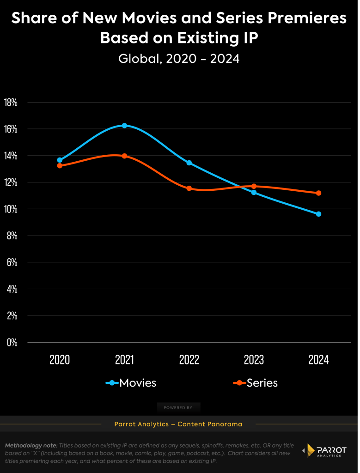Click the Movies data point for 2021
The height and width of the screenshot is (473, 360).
pyautogui.click(x=124, y=126)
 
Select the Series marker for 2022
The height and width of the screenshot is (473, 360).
pyautogui.click(x=189, y=188)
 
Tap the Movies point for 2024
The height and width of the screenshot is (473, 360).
pyautogui.click(x=318, y=214)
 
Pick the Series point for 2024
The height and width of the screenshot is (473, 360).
pyautogui.click(x=318, y=193)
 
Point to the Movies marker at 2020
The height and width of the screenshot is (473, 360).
pyautogui.click(x=60, y=160)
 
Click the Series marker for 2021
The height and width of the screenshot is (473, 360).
pyautogui.click(x=124, y=156)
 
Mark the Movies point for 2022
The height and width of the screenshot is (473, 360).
pyautogui.click(x=189, y=163)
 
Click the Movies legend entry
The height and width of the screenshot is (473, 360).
pyautogui.click(x=131, y=383)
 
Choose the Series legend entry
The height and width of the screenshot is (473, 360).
pyautogui.click(x=256, y=383)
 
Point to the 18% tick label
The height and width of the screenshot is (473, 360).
pyautogui.click(x=11, y=103)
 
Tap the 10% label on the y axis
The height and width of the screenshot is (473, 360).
pyautogui.click(x=11, y=209)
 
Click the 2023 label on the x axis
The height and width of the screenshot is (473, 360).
pyautogui.click(x=254, y=360)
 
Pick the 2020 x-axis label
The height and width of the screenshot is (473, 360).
pyautogui.click(x=60, y=360)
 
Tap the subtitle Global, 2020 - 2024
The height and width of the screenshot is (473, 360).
pyautogui.click(x=179, y=59)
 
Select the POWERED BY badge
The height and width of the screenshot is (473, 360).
pyautogui.click(x=179, y=407)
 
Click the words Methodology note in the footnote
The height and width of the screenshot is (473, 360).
pyautogui.click(x=31, y=446)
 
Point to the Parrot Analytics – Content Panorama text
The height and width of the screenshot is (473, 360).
pyautogui.click(x=178, y=424)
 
